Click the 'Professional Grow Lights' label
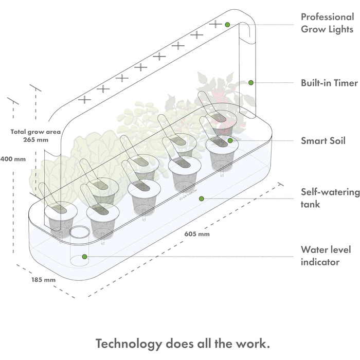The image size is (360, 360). pos(327,23)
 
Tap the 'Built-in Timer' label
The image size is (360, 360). pos(329,82)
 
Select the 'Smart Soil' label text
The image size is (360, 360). pos(323,140)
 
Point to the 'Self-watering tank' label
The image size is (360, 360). pos(330,198)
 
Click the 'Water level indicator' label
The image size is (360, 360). pos(326,256)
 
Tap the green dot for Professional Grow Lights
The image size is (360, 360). pos(227,24)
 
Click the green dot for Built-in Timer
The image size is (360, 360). pos(251,82)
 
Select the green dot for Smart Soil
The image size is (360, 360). pos(230,140)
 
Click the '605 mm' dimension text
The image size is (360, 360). pos(197,235)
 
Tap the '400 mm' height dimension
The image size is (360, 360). pos(13,159)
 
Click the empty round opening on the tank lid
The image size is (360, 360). pos(79,232)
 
